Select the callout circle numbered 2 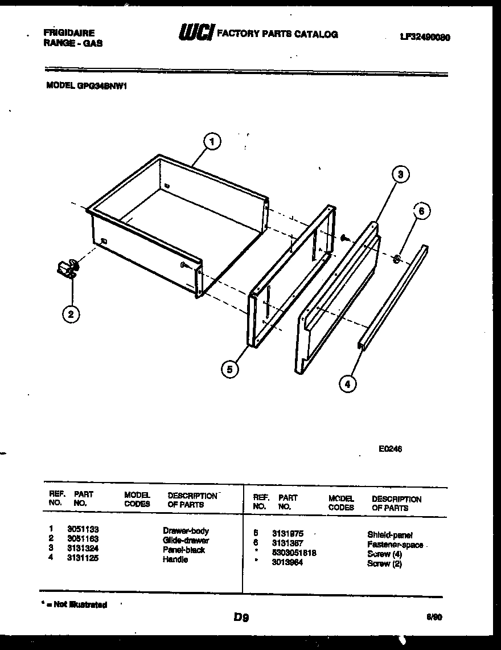[71, 314]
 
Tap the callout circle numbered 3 [400, 175]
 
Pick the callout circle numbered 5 [230, 369]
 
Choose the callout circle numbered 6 [421, 211]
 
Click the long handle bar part [393, 296]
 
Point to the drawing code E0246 [390, 449]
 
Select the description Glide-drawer [186, 540]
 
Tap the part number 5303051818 [294, 553]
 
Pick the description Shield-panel [390, 535]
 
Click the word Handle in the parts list [175, 559]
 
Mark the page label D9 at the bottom [241, 617]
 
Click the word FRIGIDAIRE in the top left [69, 33]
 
